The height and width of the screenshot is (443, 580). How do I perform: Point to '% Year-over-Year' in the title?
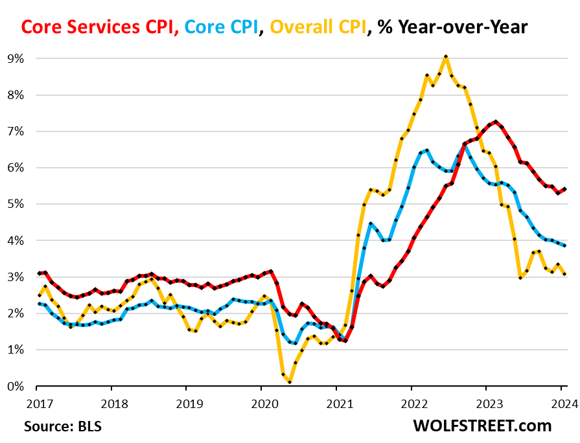tap(452, 27)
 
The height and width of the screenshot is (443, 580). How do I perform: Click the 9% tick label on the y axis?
tap(15, 59)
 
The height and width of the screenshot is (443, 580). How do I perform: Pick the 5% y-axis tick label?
tap(15, 204)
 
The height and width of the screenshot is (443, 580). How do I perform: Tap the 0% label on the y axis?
tap(15, 386)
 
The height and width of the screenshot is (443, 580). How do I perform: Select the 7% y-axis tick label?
tap(15, 131)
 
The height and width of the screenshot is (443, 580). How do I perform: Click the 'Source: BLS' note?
tap(63, 426)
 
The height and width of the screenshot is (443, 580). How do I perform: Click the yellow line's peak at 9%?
tap(446, 57)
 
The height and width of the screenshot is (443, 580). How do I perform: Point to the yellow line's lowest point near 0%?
tap(289, 382)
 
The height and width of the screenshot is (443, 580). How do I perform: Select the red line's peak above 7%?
tap(496, 121)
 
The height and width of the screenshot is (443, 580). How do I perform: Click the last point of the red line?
tap(564, 189)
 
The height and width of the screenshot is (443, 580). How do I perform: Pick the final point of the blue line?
tap(564, 245)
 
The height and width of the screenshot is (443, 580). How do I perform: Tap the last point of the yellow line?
tap(564, 274)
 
